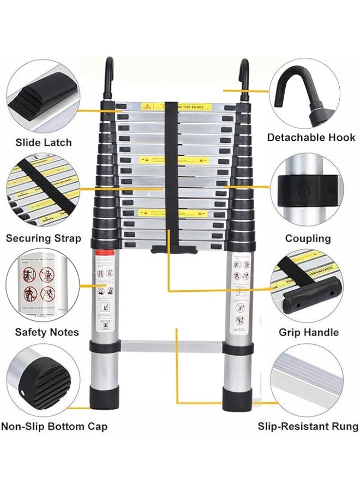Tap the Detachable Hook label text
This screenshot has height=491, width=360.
311,137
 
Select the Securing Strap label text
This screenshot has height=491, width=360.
44,238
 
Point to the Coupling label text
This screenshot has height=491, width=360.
308,238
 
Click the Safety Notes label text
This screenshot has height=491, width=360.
47,332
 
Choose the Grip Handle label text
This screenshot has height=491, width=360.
308,332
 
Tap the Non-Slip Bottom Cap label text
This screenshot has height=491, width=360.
54,426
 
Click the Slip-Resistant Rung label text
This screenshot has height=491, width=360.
308,426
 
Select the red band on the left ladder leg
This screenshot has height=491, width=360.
106,252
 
